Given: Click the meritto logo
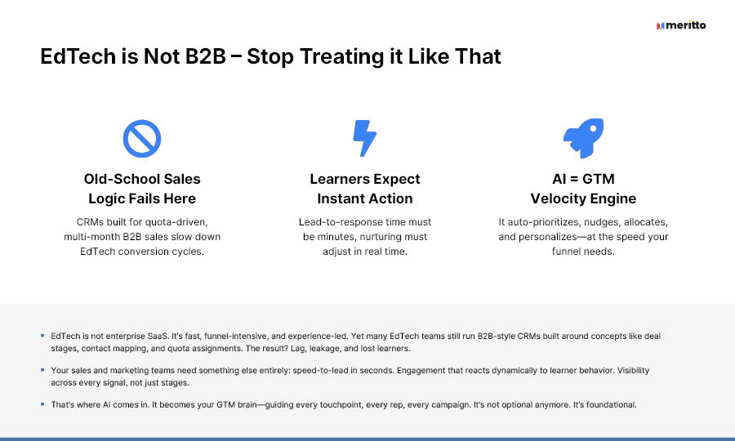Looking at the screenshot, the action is [681, 25].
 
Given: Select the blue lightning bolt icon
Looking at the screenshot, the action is [365, 138].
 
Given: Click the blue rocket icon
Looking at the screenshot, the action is [584, 138].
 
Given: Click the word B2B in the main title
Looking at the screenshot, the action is [206, 56].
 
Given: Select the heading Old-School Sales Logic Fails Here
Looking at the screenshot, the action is [142, 189].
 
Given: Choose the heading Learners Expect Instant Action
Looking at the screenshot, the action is [365, 189].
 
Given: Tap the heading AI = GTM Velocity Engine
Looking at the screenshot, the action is [583, 189].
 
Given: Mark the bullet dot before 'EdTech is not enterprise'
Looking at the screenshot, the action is [42, 336].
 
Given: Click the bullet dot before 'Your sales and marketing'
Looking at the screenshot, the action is [42, 370].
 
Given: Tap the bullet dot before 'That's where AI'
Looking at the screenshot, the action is [42, 404].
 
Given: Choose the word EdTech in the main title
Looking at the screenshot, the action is [78, 56].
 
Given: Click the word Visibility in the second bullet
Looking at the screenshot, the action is [633, 370].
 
